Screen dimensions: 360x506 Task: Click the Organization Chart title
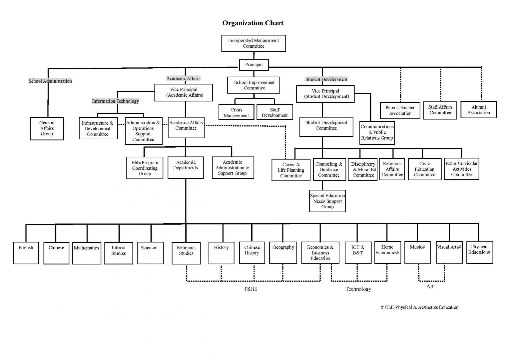[x=253, y=23]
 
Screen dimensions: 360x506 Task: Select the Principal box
[x=254, y=65]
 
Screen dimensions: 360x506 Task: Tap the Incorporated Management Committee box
[x=253, y=43]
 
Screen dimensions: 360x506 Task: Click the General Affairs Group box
[x=47, y=128]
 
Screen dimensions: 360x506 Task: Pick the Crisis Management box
[x=236, y=112]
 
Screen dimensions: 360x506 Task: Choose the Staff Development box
[x=274, y=112]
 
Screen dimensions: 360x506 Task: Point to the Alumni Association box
[x=478, y=110]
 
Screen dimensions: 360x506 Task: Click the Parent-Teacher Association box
[x=400, y=110]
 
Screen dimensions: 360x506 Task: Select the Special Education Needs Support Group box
[x=327, y=201]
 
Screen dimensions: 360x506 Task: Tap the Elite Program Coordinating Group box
[x=145, y=168]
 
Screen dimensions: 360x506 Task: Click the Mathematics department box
[x=86, y=253]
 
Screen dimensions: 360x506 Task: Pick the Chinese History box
[x=252, y=252]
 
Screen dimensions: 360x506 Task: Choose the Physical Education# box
[x=479, y=252]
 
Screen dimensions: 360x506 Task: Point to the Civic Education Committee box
[x=424, y=169]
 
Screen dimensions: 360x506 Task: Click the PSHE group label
[x=251, y=289]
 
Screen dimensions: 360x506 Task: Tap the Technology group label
[x=358, y=289]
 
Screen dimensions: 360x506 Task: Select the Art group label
[x=430, y=286]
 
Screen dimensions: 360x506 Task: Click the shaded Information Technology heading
[x=115, y=101]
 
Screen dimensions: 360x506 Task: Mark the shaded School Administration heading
[x=50, y=81]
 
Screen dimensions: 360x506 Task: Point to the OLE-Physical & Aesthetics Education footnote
[x=420, y=307]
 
